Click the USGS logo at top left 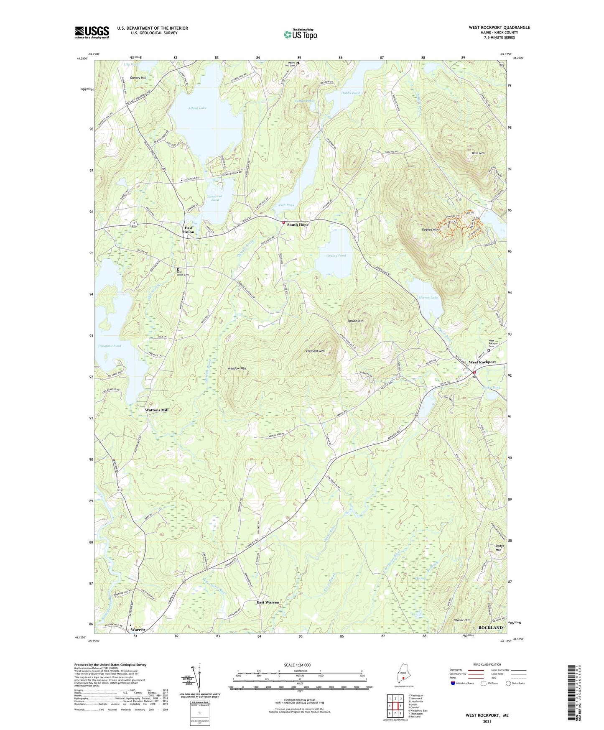pyautogui.click(x=92, y=32)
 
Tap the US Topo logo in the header pyautogui.click(x=300, y=34)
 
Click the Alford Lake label pyautogui.click(x=197, y=108)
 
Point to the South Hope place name pyautogui.click(x=298, y=225)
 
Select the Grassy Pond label pyautogui.click(x=336, y=255)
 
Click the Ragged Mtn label pyautogui.click(x=430, y=230)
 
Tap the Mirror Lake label pyautogui.click(x=428, y=298)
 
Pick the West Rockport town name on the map pyautogui.click(x=482, y=362)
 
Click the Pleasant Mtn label pyautogui.click(x=316, y=351)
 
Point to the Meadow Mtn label pyautogui.click(x=237, y=368)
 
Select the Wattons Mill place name pyautogui.click(x=156, y=410)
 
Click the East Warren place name pyautogui.click(x=268, y=602)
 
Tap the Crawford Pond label pyautogui.click(x=109, y=346)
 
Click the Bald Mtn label pyautogui.click(x=478, y=153)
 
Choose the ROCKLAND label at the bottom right pyautogui.click(x=490, y=628)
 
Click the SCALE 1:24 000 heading pyautogui.click(x=297, y=665)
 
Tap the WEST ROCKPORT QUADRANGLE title pyautogui.click(x=499, y=28)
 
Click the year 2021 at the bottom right pyautogui.click(x=487, y=721)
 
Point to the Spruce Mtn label pyautogui.click(x=355, y=321)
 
